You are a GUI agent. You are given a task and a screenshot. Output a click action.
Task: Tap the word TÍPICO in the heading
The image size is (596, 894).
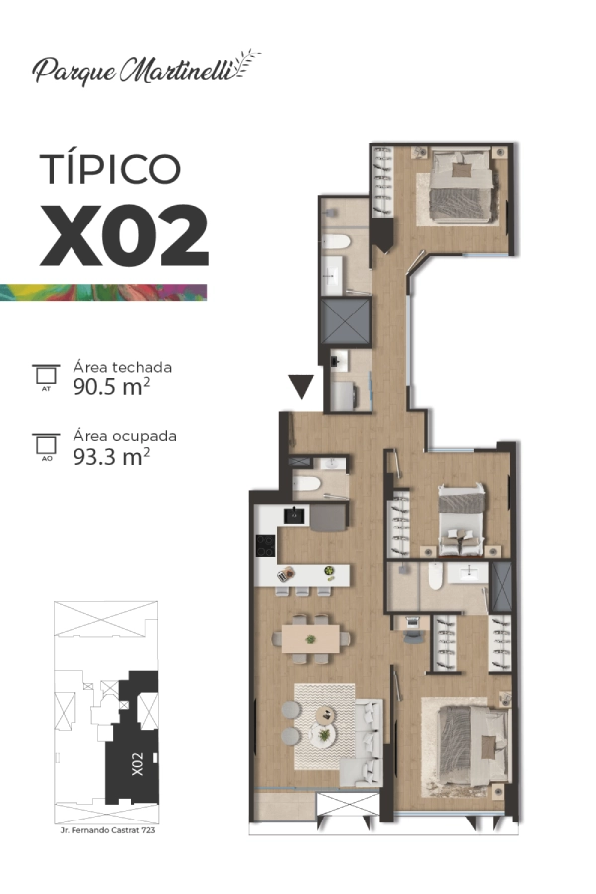pos(110,168)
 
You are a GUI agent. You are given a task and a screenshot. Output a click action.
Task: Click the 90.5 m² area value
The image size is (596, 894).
pos(112,387)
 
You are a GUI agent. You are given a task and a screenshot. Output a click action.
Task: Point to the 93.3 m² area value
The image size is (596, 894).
pos(112,456)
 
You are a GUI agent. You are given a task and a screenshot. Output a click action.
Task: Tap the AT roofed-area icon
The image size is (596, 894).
pos(46,376)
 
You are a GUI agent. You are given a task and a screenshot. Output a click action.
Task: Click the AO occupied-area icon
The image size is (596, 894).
pos(46,446)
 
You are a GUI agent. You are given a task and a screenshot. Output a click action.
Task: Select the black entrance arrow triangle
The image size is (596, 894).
pos(301,387)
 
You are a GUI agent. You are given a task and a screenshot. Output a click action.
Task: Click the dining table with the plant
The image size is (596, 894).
pos(311,638)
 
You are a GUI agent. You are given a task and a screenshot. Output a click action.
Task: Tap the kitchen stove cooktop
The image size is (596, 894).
pos(266,545)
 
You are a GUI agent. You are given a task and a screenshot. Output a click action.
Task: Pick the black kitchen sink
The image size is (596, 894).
pos(294,516)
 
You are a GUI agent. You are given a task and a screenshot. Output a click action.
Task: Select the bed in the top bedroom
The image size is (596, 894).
pos(461,185)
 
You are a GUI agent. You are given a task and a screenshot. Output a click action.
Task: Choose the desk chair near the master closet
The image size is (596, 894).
pos(414,637)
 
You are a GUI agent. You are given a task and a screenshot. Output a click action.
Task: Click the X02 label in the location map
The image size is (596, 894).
pos(137,764)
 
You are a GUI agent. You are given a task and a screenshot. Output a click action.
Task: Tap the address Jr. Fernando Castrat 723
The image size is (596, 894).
pos(108,830)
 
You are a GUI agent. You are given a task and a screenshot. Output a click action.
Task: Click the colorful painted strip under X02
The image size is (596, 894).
pos(103,292)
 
